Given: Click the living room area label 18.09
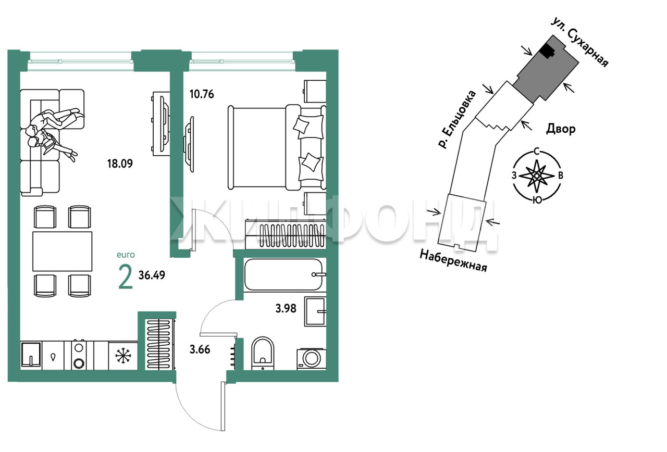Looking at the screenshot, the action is click(x=120, y=164).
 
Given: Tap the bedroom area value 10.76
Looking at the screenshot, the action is click(x=202, y=94).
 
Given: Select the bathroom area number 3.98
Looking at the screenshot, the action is click(x=286, y=309).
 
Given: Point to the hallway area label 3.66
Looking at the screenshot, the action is click(x=200, y=349).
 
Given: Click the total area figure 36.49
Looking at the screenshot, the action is click(x=152, y=275).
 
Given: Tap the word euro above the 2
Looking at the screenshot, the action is click(x=126, y=255).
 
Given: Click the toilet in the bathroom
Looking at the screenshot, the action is click(x=263, y=354).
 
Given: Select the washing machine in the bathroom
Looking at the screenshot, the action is click(x=311, y=359).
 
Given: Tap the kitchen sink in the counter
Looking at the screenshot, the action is click(x=31, y=355).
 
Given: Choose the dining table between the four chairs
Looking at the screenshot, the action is click(x=62, y=252).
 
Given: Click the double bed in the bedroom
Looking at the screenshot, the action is click(x=277, y=147).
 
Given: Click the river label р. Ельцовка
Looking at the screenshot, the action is click(x=457, y=119).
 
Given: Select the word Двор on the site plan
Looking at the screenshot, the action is click(x=561, y=129).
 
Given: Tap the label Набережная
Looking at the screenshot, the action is click(x=453, y=261).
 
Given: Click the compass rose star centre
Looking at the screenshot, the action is click(x=537, y=176).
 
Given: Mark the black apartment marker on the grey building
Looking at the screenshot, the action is click(x=547, y=54).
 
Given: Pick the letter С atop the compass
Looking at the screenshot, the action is click(x=537, y=152).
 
